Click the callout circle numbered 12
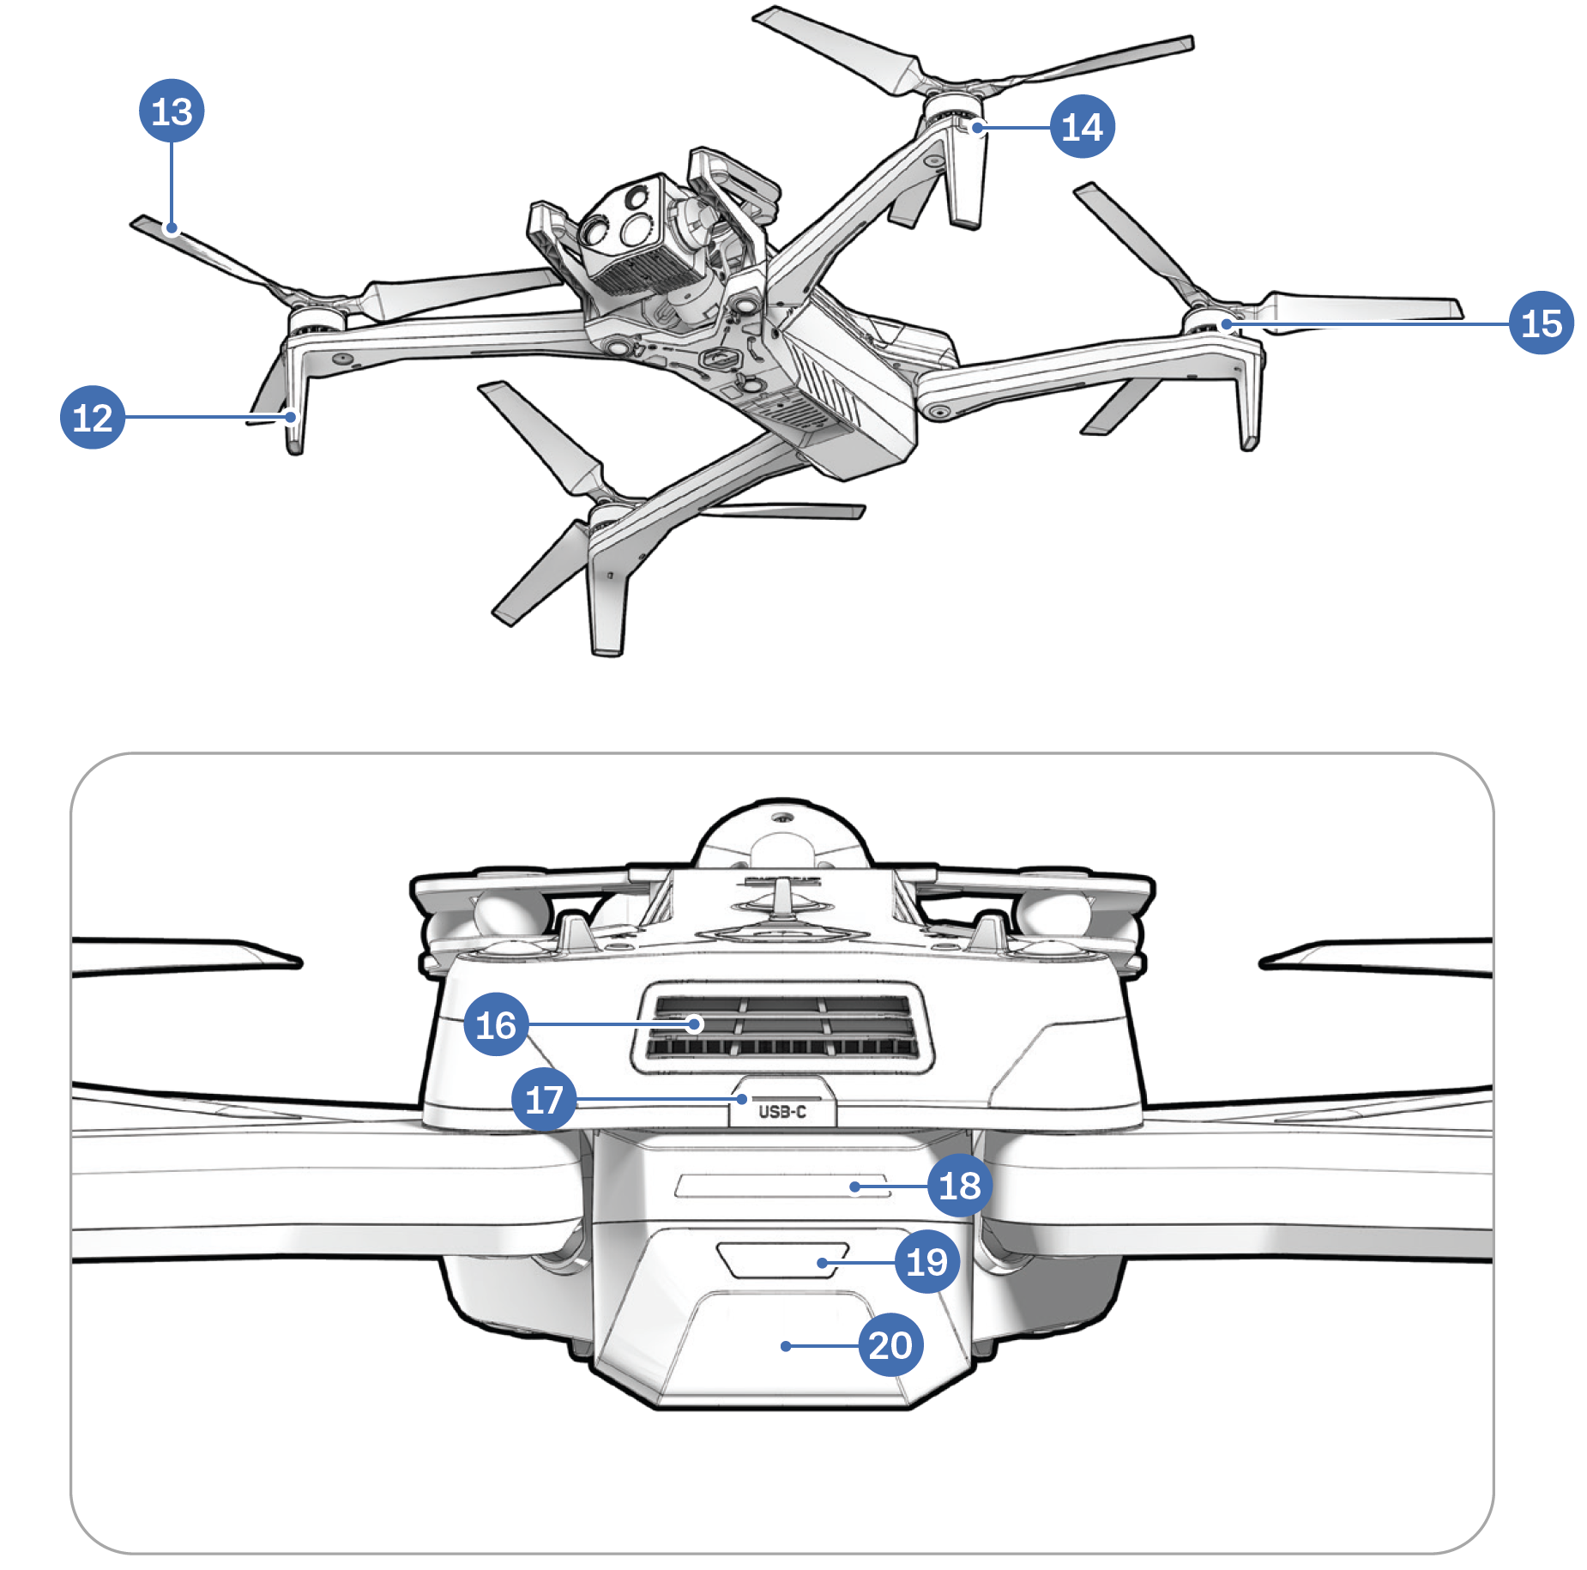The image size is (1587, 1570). (93, 418)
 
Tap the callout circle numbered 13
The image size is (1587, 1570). (172, 112)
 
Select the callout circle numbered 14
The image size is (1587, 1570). (1083, 127)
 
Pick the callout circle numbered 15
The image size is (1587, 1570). (1541, 323)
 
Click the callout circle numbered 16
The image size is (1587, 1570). (496, 1024)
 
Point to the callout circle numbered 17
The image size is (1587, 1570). (544, 1099)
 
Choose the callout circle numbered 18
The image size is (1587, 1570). (960, 1186)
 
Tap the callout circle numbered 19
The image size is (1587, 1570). (926, 1261)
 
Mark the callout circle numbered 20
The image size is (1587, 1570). (890, 1345)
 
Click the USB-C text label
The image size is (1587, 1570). (782, 1112)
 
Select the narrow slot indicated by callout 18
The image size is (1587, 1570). (781, 1187)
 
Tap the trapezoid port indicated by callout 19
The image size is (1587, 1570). (781, 1259)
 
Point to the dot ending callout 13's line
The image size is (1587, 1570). (172, 228)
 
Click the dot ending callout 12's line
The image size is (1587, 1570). (292, 418)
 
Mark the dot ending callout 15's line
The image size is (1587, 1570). (1227, 324)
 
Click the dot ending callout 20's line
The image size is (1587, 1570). (785, 1346)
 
